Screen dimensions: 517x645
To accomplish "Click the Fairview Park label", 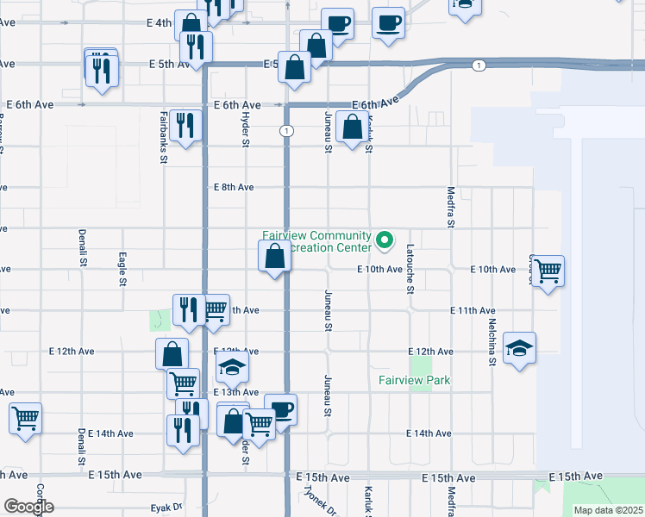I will coord(414,380).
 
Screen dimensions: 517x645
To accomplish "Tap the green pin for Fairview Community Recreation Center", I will coord(385,240).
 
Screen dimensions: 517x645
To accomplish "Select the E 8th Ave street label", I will coord(234,187).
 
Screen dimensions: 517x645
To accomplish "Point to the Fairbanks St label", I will coord(164,135).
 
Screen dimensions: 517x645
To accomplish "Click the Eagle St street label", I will coord(123,269).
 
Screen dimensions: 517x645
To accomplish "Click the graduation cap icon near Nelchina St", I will coord(519,347).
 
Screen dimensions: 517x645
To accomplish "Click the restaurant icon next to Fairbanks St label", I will coord(185,126).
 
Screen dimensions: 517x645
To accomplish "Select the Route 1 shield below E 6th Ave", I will coord(286,131).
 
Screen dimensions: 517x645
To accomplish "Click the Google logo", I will coord(28,508).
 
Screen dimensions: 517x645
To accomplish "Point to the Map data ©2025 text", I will coord(608,510).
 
